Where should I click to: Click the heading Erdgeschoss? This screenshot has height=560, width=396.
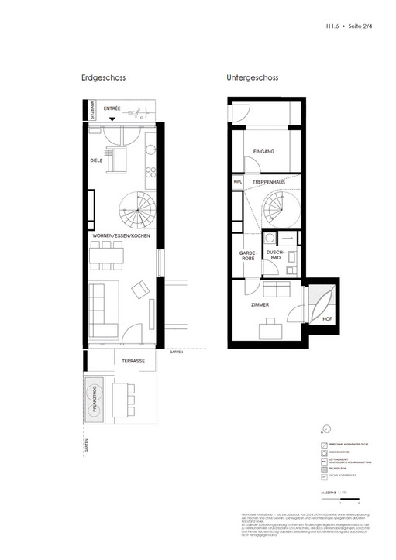coord(103,78)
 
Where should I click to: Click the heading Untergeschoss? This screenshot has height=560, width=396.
coord(253,78)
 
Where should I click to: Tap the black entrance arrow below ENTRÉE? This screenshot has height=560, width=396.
coord(114,119)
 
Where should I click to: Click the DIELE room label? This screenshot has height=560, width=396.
coord(97,161)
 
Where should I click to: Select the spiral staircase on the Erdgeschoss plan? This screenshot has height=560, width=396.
coord(136,207)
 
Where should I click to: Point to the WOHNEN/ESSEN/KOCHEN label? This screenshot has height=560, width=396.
coord(122,235)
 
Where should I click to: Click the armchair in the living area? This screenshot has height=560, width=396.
coord(141,290)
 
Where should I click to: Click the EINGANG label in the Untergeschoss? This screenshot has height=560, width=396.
coord(264,153)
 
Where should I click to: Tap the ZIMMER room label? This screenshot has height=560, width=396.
coord(260,305)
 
